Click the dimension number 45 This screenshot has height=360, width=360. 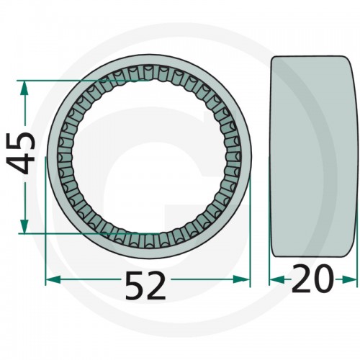pyautogui.click(x=21, y=153)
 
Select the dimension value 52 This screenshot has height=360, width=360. pyautogui.click(x=145, y=285)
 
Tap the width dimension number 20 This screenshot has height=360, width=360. pyautogui.click(x=312, y=279)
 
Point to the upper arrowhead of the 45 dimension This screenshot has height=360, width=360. pyautogui.click(x=24, y=88)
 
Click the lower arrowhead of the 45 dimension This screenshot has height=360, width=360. pyautogui.click(x=24, y=226)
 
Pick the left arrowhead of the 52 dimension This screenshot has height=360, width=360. pyautogui.click(x=53, y=279)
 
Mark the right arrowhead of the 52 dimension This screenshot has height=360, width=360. pyautogui.click(x=242, y=279)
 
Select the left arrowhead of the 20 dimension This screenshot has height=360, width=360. pyautogui.click(x=276, y=279)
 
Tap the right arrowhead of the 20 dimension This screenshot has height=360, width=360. pyautogui.click(x=350, y=279)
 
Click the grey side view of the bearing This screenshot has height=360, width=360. pyautogui.click(x=313, y=157)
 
